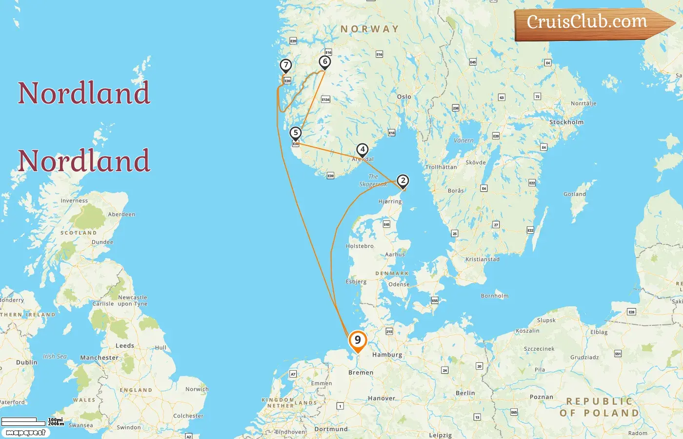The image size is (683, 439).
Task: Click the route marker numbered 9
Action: pos(358,340)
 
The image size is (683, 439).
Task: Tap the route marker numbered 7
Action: pos(286,65)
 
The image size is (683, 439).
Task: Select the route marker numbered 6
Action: pos(325,62)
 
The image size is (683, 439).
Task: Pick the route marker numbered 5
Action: pos(295,133)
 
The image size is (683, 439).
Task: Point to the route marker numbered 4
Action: pos(362,150)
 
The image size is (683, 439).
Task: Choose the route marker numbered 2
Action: pos(402,181)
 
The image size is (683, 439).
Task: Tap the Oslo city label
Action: pos(404,97)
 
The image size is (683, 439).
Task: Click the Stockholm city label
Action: pos(566,122)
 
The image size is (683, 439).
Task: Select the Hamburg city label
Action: pos(387,355)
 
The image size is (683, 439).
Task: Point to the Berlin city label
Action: pos(465,393)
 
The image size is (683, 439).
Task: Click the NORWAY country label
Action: pos(369,29)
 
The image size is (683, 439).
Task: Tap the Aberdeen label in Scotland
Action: pos(121,214)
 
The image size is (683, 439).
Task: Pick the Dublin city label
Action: pos(26,362)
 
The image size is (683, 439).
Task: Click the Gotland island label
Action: pos(575,194)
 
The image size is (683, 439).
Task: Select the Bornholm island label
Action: pos(494,296)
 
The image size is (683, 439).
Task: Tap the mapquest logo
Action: pos(25,433)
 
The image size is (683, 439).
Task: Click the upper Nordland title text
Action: pos(84,93)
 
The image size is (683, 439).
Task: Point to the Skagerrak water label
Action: pos(373,180)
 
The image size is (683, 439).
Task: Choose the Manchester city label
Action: pos(99,358)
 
